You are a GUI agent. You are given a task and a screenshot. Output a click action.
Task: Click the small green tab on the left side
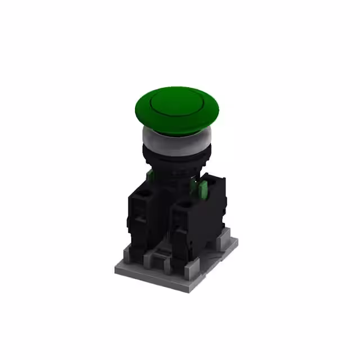pos(150,175)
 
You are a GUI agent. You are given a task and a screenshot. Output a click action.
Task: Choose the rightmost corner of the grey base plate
pos(237,242)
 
